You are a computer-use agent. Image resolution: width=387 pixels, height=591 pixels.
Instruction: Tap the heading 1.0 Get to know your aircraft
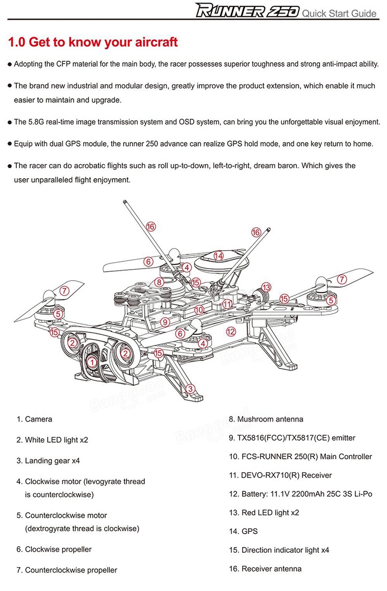[94, 42]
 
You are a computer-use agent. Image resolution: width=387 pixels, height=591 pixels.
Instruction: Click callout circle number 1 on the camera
[92, 361]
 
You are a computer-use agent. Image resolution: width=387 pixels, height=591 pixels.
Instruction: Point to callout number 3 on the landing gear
[190, 388]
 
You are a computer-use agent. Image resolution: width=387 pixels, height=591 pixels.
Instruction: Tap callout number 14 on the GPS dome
[218, 256]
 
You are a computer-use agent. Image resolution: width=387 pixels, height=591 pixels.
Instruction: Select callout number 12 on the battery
[231, 331]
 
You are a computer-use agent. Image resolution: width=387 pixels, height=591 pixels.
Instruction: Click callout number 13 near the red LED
[266, 287]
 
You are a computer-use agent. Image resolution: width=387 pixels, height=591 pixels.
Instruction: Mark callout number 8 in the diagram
[160, 282]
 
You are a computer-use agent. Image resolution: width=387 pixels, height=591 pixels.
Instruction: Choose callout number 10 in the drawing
[199, 309]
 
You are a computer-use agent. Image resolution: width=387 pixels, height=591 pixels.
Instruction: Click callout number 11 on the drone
[227, 304]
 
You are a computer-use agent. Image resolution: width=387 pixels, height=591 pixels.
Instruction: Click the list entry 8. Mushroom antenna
[266, 419]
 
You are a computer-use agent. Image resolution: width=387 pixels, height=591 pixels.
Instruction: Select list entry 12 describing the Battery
[300, 494]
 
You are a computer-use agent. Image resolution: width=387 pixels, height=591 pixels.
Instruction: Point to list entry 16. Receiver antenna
[265, 569]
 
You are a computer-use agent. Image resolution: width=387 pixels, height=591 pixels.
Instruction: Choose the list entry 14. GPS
[243, 531]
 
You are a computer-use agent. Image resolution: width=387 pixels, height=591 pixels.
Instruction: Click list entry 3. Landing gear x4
[48, 461]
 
